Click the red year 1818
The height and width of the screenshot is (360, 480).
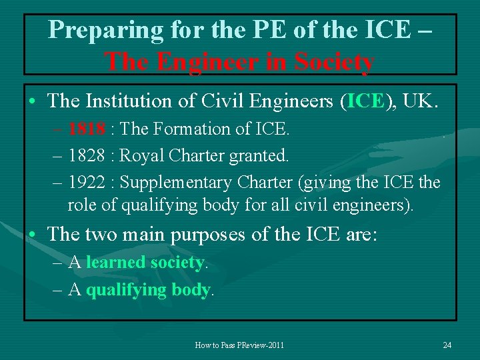[87, 129]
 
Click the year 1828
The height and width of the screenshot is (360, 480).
[87, 156]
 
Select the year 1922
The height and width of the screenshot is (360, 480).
[87, 182]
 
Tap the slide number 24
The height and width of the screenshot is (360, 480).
[447, 345]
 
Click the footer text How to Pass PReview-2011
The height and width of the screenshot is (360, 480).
[239, 345]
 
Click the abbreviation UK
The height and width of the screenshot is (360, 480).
[424, 101]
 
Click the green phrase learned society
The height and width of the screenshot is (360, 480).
[145, 263]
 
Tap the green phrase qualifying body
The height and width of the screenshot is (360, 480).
[148, 290]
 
